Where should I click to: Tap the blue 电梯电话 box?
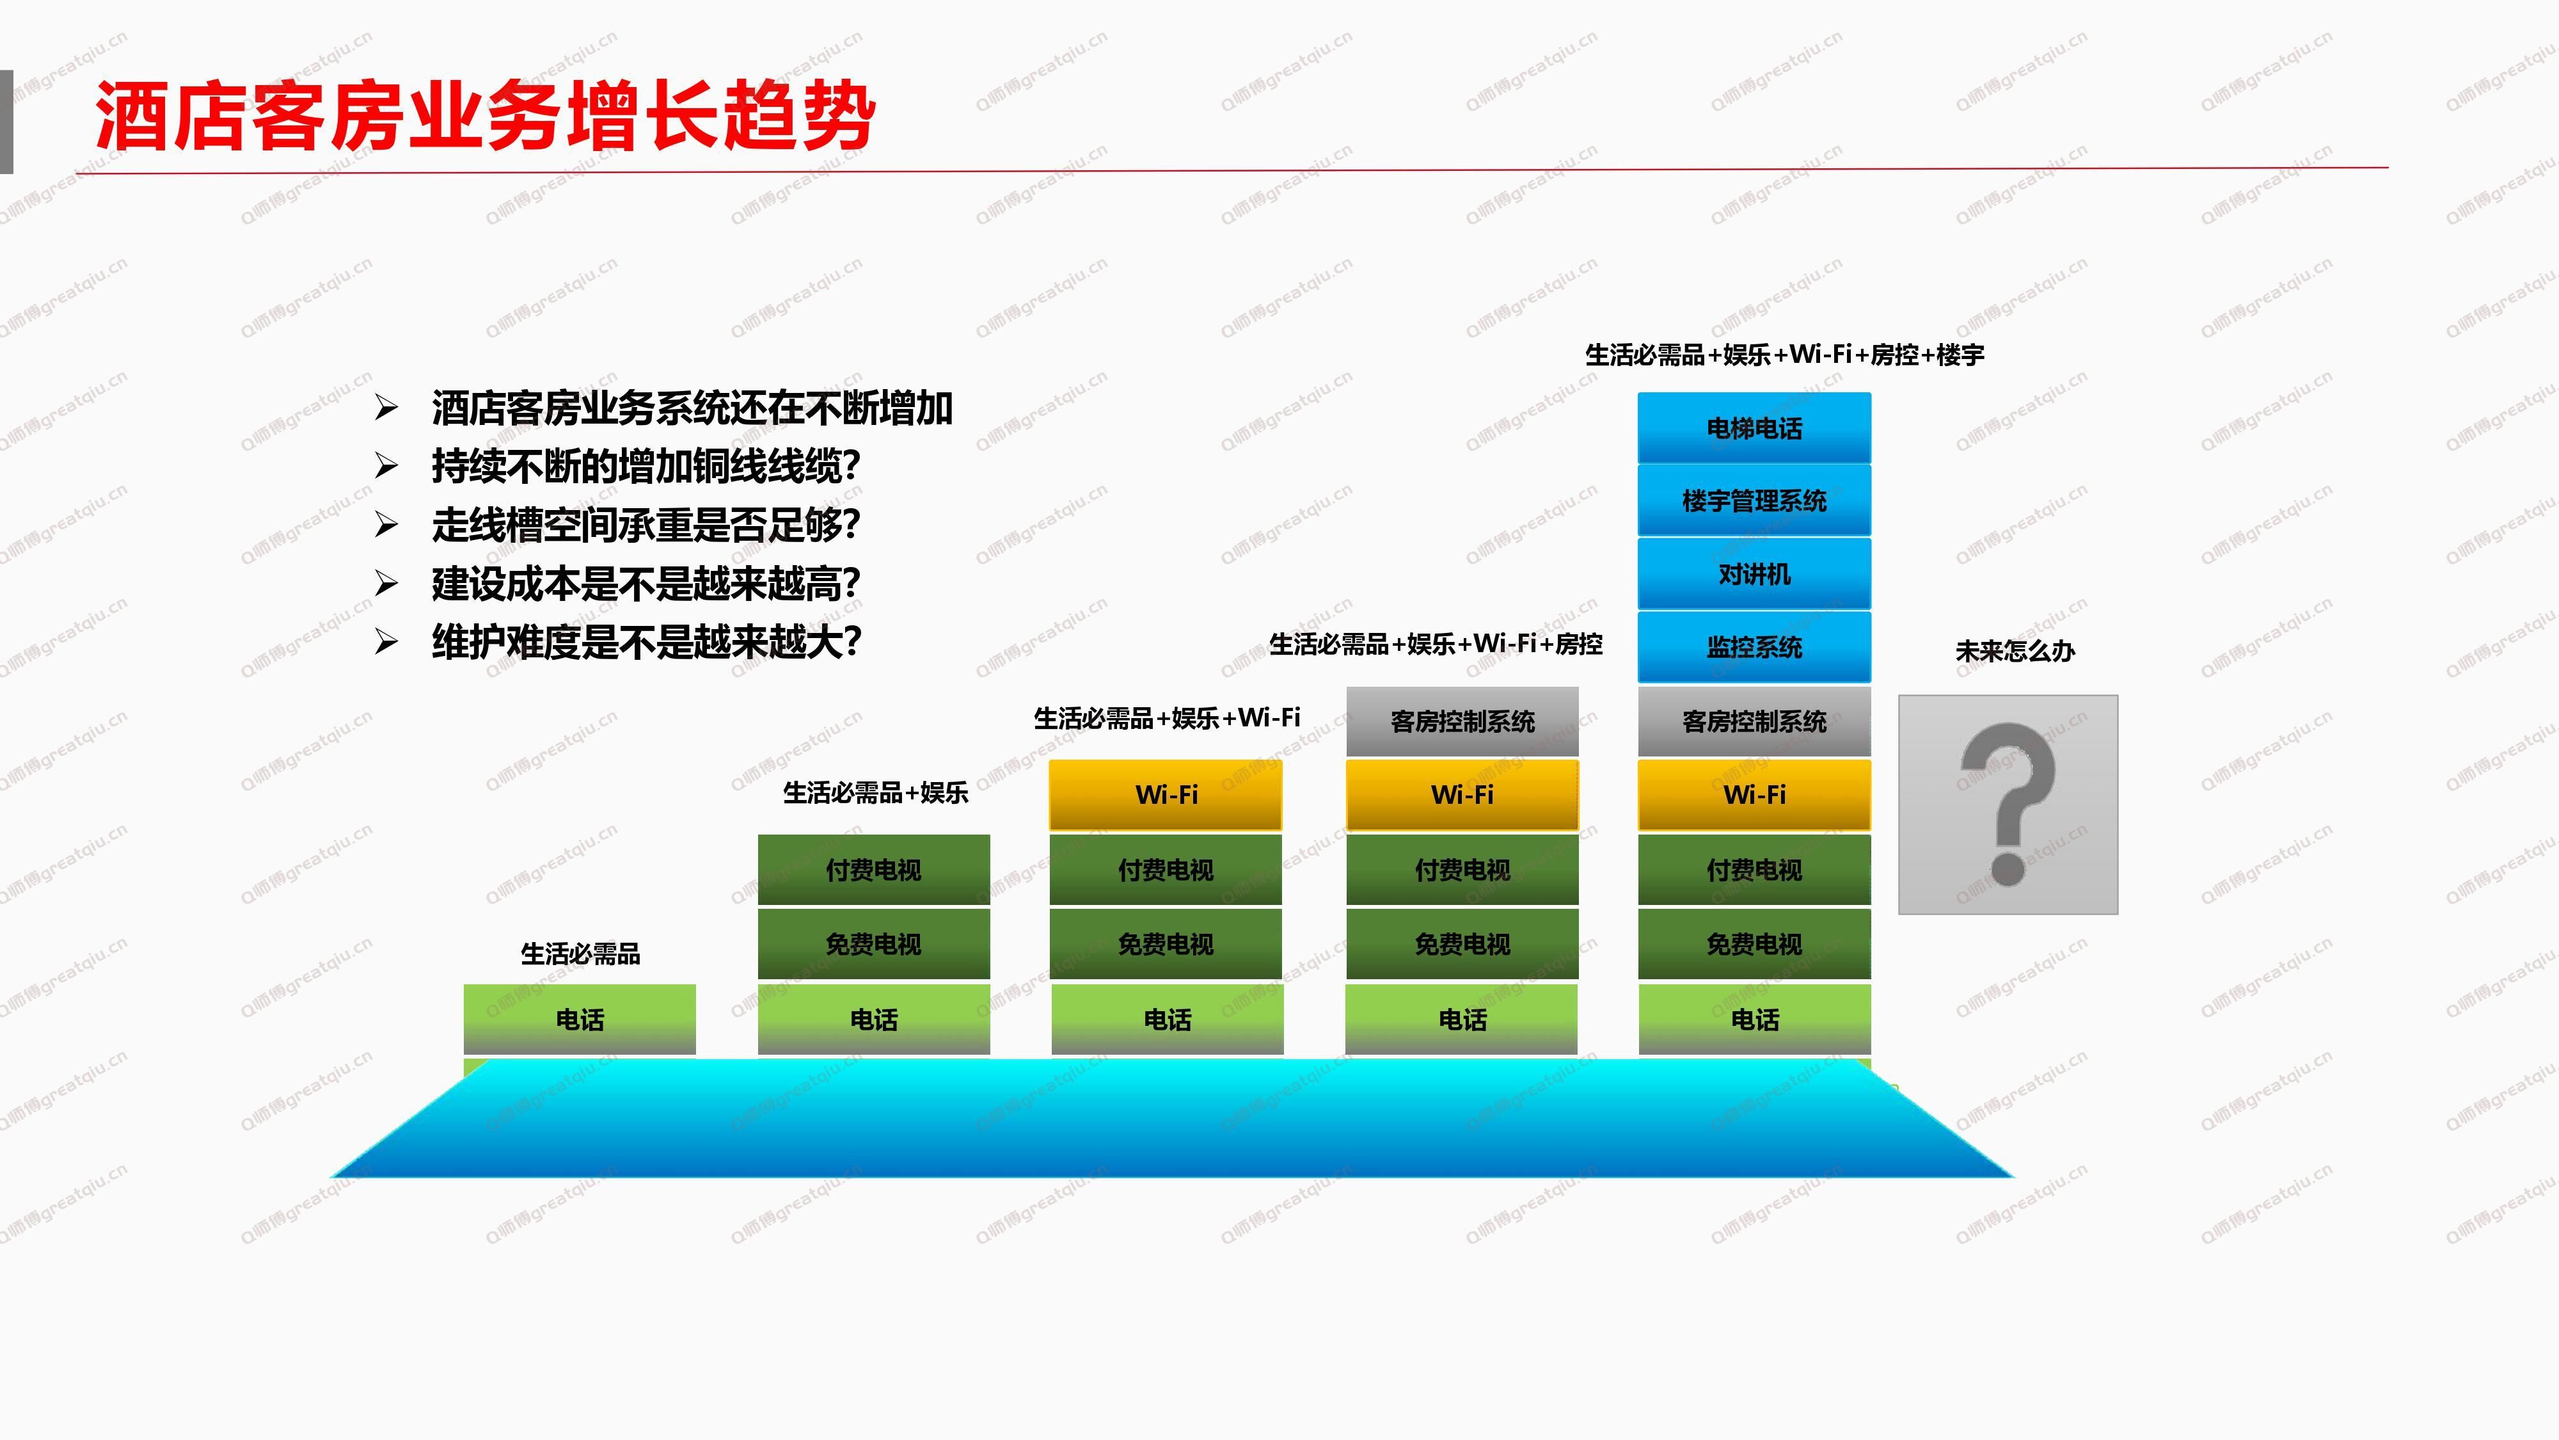point(1754,428)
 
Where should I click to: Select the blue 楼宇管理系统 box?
point(1754,501)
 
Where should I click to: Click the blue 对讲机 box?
point(1754,575)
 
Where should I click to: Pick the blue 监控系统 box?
point(1754,647)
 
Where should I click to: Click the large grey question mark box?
point(2008,805)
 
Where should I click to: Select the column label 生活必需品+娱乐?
point(875,793)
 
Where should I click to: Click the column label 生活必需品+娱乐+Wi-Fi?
point(1168,717)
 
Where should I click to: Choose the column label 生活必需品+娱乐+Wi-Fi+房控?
point(1436,644)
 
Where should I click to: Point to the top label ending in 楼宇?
point(1784,355)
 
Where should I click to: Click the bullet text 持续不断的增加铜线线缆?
point(646,466)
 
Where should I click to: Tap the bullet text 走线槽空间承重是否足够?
point(646,525)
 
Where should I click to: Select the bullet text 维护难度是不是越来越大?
point(646,642)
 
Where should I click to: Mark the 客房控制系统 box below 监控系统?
point(1754,721)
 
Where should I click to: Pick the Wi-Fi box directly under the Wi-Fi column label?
point(1166,795)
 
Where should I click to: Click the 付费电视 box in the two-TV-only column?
point(874,870)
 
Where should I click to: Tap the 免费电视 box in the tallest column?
point(1754,944)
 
